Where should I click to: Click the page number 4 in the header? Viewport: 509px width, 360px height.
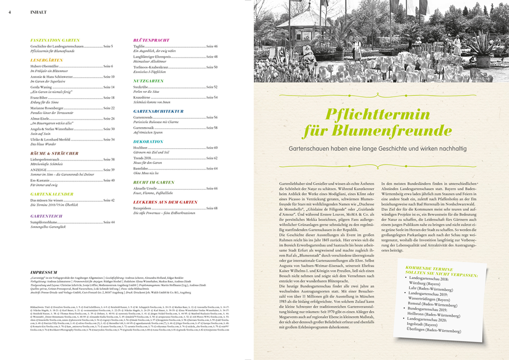[10, 12]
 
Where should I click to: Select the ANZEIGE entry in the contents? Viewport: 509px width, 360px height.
[38, 170]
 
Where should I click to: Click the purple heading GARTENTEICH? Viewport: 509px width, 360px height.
[47, 216]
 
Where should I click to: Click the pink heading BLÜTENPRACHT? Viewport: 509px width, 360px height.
[151, 40]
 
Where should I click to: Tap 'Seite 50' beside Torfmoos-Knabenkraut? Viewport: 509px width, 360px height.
[212, 67]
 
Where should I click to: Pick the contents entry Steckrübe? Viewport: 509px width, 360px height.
[141, 87]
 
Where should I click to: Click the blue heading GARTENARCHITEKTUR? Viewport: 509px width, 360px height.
[158, 111]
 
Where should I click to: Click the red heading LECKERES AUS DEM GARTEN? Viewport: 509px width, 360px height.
[165, 202]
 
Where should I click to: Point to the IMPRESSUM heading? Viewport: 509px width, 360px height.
[44, 272]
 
